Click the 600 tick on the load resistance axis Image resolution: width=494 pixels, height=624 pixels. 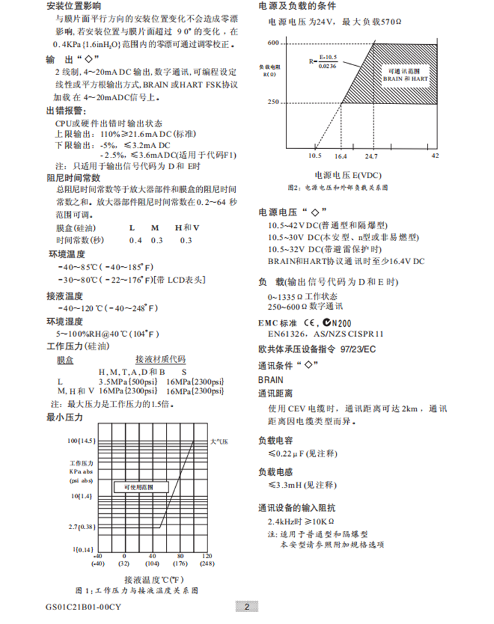coord(274,43)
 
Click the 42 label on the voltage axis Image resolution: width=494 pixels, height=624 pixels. coord(435,157)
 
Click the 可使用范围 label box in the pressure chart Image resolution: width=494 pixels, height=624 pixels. coord(138,487)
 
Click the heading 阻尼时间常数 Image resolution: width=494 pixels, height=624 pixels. coord(73,178)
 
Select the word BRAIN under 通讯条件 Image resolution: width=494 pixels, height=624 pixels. coord(271,380)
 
